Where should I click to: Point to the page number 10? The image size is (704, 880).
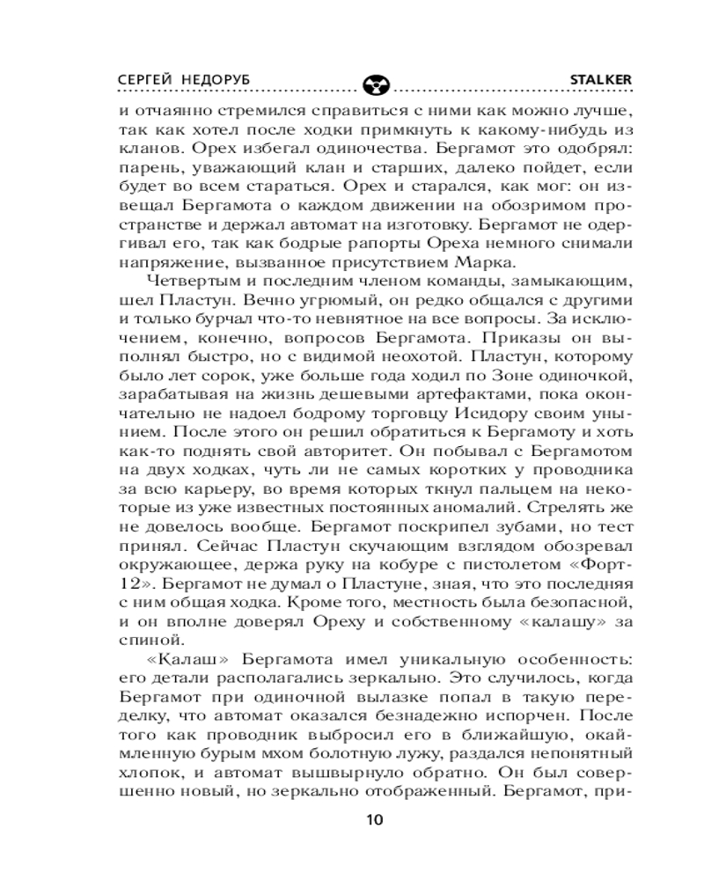coord(374,819)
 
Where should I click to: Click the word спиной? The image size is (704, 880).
coord(143,640)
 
